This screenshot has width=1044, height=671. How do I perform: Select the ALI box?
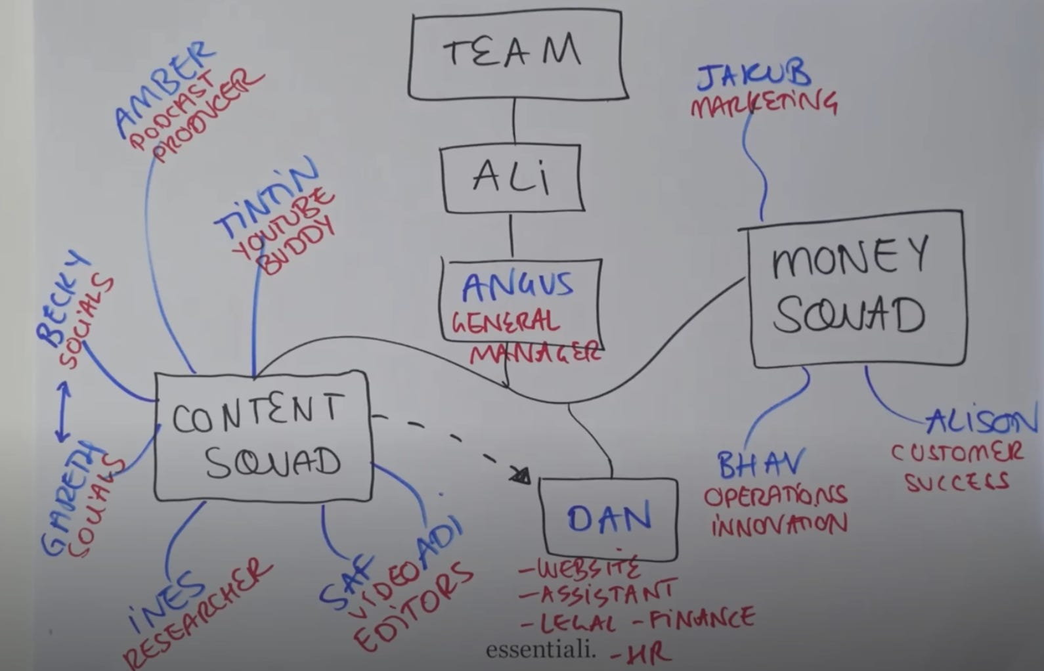coord(512,178)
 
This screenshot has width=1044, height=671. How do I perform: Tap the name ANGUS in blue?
coord(517,286)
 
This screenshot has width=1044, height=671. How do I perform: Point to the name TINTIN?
coord(266,197)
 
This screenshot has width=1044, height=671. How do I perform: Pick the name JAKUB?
coord(754,76)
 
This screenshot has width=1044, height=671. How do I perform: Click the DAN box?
coord(609,519)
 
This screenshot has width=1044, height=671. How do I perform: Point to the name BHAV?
coord(760,465)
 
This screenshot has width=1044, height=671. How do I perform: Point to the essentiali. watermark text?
coord(541,650)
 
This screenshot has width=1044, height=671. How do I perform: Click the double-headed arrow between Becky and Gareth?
coord(63,412)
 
